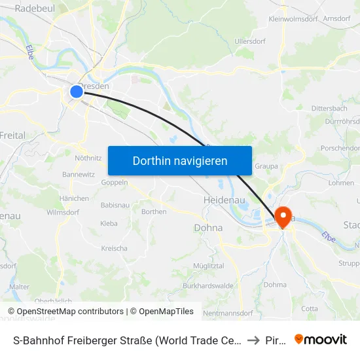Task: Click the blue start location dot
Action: tap(77, 92)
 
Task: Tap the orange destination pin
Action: tap(284, 217)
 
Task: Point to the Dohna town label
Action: tap(208, 228)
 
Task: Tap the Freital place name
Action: tap(12, 135)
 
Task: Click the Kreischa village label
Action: tap(114, 248)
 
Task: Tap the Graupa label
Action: tap(266, 166)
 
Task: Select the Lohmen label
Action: tap(340, 183)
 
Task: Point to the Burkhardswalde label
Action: tap(207, 286)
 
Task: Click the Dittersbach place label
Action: tap(329, 108)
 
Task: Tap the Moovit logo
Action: tap(320, 339)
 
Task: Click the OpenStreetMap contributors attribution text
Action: tap(65, 312)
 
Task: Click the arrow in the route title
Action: tap(253, 340)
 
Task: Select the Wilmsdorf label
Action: tap(63, 212)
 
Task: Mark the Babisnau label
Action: tap(115, 205)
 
